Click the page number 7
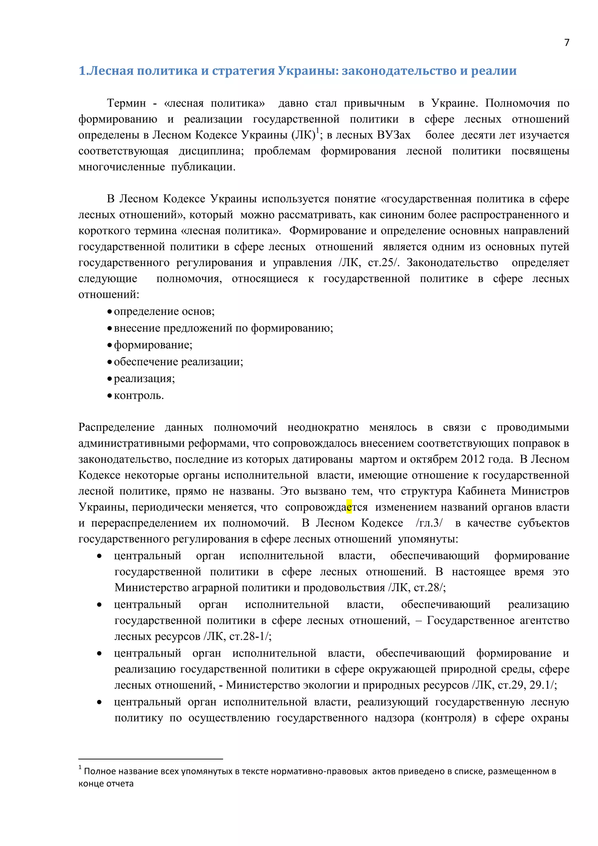(567, 43)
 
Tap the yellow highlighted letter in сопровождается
(349, 507)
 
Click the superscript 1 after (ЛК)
(317, 131)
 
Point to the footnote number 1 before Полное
(80, 767)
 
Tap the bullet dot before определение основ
(109, 312)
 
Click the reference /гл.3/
(429, 523)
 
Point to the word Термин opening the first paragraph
(126, 103)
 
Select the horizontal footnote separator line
(151, 759)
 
